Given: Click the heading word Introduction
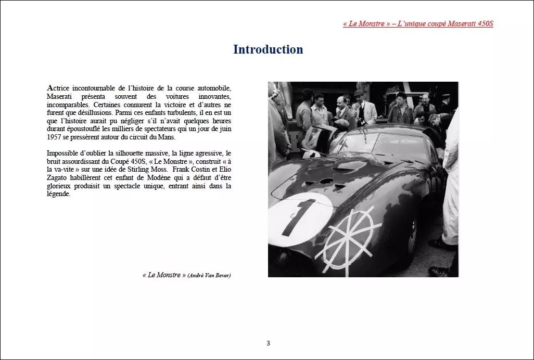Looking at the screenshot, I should click(x=268, y=49).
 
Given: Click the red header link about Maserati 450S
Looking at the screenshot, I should click(x=418, y=24).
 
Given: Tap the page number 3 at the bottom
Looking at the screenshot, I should click(x=268, y=343).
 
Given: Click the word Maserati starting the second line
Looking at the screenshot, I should click(x=61, y=97).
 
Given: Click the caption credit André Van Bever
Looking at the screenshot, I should click(x=209, y=275).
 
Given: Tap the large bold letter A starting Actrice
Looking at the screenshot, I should click(x=50, y=88).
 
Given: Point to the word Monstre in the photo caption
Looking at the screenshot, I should click(x=167, y=275).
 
